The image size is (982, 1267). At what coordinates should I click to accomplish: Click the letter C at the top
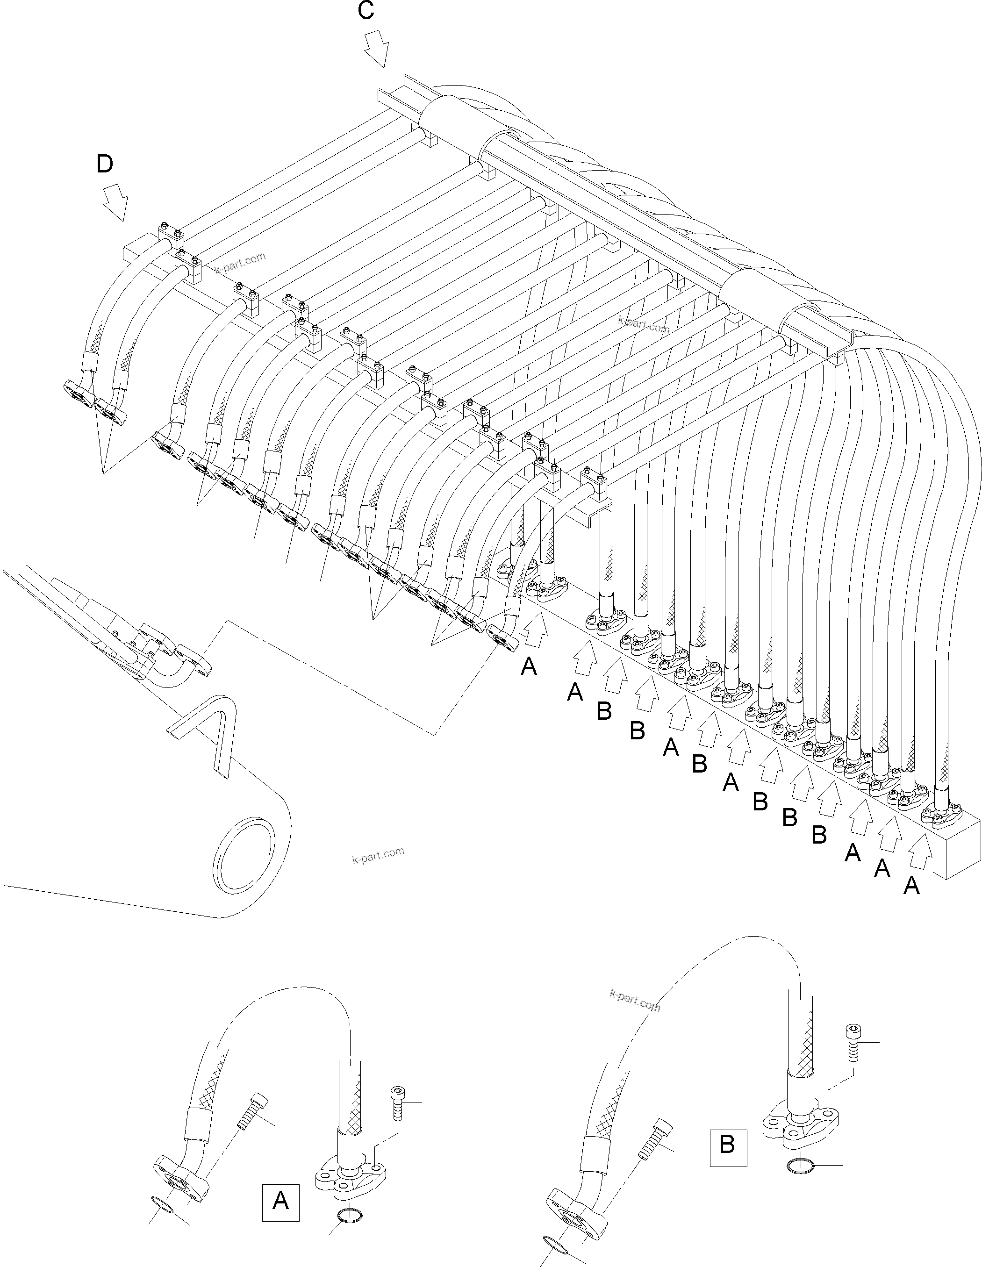click(x=366, y=11)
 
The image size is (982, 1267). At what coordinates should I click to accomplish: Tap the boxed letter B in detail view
click(x=727, y=1145)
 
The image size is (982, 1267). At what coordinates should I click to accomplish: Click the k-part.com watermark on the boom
click(x=378, y=856)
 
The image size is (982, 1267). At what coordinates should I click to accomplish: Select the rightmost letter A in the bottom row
click(x=911, y=886)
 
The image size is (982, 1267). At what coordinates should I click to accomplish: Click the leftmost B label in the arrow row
click(x=604, y=711)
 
